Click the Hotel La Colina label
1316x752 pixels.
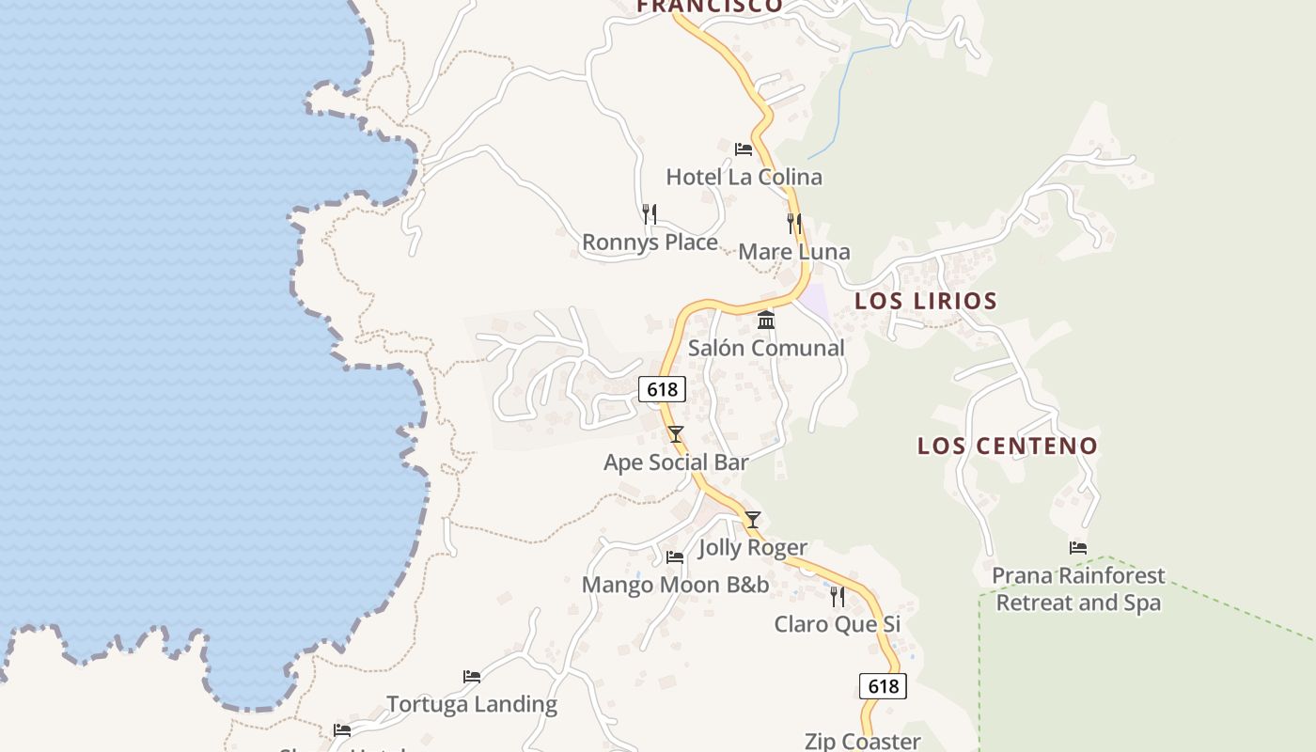[744, 177]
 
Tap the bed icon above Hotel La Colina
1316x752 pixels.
[744, 149]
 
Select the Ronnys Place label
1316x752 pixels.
[650, 243]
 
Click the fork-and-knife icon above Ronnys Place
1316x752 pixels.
[649, 213]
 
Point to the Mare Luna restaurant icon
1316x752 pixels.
[794, 223]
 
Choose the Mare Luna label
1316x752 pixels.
[793, 252]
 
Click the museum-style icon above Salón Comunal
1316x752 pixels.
[766, 321]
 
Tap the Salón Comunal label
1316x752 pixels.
[766, 349]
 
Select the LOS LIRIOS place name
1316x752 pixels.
[926, 302]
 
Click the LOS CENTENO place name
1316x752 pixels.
[1008, 446]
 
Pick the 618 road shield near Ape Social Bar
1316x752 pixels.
[662, 389]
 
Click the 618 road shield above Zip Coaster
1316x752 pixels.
[883, 686]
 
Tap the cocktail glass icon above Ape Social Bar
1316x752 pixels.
[675, 433]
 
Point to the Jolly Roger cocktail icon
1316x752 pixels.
[752, 519]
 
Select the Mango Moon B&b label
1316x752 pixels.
[675, 585]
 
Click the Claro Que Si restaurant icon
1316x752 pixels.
[838, 596]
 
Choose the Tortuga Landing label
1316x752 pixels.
[472, 704]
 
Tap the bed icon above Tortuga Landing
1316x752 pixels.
[472, 676]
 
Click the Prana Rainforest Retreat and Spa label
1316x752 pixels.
[1078, 589]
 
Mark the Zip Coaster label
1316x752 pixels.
[862, 741]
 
